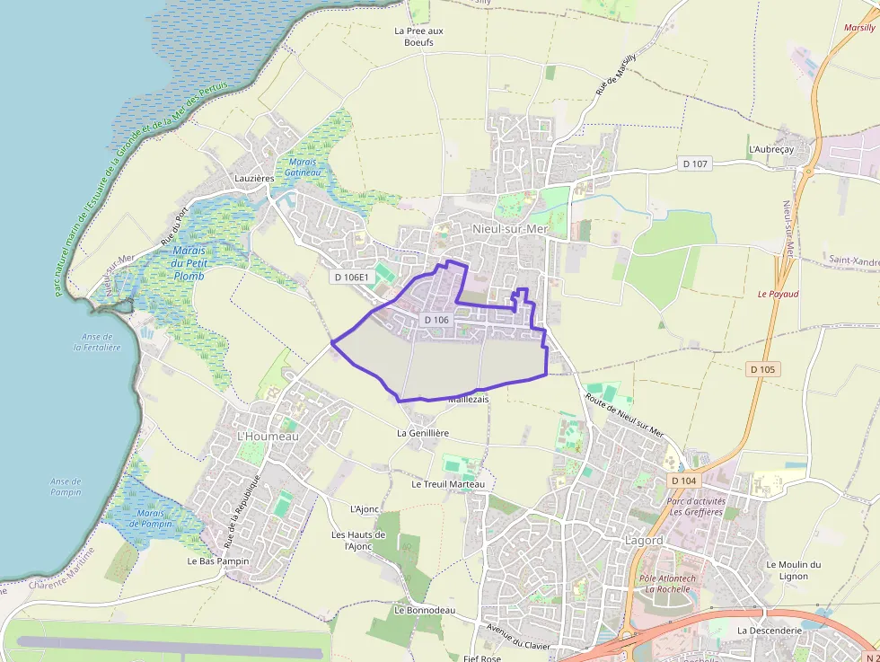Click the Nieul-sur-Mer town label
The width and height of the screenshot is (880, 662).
509,229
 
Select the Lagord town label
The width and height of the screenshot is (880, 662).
643,541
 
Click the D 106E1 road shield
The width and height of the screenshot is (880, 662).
351,278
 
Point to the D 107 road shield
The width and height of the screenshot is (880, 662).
695,163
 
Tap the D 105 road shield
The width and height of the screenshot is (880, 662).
763,369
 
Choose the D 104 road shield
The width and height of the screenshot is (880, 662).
683,481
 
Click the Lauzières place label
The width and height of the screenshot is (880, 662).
253,179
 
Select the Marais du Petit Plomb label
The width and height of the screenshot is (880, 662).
189,263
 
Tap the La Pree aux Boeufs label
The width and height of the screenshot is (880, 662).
418,36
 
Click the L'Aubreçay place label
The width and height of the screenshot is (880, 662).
770,149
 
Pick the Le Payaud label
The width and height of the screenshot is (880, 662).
778,294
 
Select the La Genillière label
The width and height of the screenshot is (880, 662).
423,433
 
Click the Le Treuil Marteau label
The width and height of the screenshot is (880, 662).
448,484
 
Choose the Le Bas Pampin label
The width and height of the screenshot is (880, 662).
218,560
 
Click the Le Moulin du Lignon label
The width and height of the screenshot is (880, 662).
794,569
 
